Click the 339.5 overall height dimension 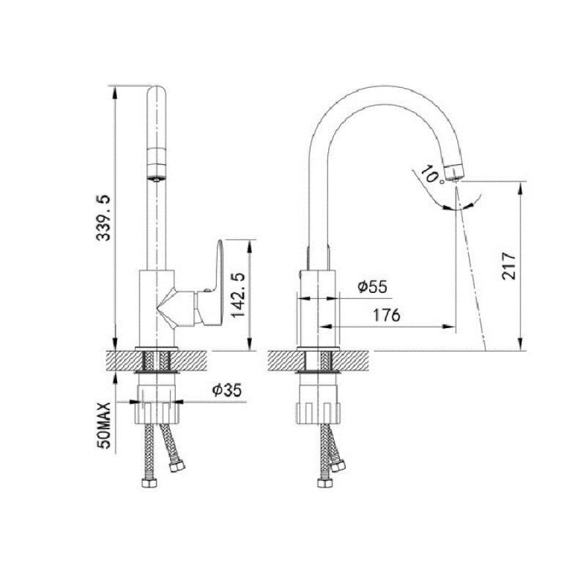coord(103,217)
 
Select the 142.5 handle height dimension coord(238,295)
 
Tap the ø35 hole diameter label coord(227,390)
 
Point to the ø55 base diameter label coord(372,286)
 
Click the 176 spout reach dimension coord(387,316)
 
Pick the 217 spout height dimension coord(509,266)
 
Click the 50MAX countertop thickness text coord(103,426)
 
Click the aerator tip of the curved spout coord(455,173)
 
